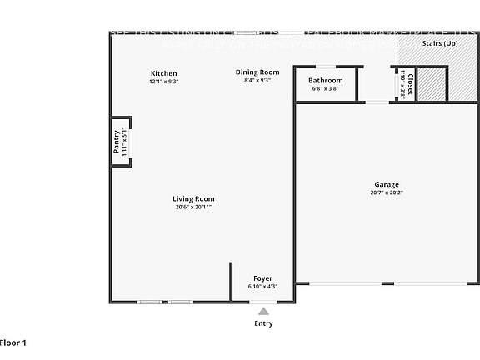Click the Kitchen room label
pyautogui.click(x=163, y=73)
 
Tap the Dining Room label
pyautogui.click(x=257, y=72)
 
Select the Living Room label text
pyautogui.click(x=193, y=198)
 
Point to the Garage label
pyautogui.click(x=387, y=184)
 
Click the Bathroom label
pyautogui.click(x=326, y=80)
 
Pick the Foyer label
pyautogui.click(x=262, y=278)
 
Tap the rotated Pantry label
pyautogui.click(x=117, y=141)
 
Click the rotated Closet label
pyautogui.click(x=410, y=85)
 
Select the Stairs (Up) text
pyautogui.click(x=440, y=42)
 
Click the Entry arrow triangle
pyautogui.click(x=262, y=311)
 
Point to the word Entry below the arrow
pyautogui.click(x=262, y=323)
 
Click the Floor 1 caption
pyautogui.click(x=13, y=342)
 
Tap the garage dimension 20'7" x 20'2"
pyautogui.click(x=387, y=192)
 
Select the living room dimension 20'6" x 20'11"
pyautogui.click(x=193, y=207)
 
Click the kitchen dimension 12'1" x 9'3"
pyautogui.click(x=163, y=82)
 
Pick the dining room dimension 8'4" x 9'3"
pyautogui.click(x=257, y=81)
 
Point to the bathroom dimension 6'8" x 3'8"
pyautogui.click(x=326, y=88)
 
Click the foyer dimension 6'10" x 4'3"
pyautogui.click(x=262, y=287)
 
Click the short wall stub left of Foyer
pyautogui.click(x=231, y=282)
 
